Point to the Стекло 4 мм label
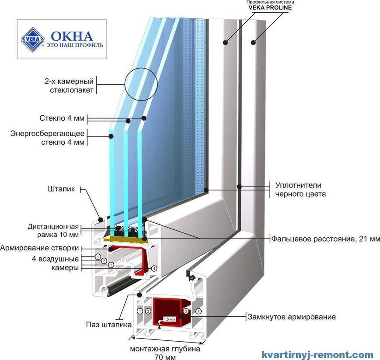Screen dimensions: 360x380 click(x=64, y=118)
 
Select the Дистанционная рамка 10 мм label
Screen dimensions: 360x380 click(x=53, y=231)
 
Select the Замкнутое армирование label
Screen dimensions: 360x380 click(x=292, y=317)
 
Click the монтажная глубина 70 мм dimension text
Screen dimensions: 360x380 click(x=165, y=353)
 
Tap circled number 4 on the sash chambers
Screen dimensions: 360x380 click(x=154, y=269)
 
